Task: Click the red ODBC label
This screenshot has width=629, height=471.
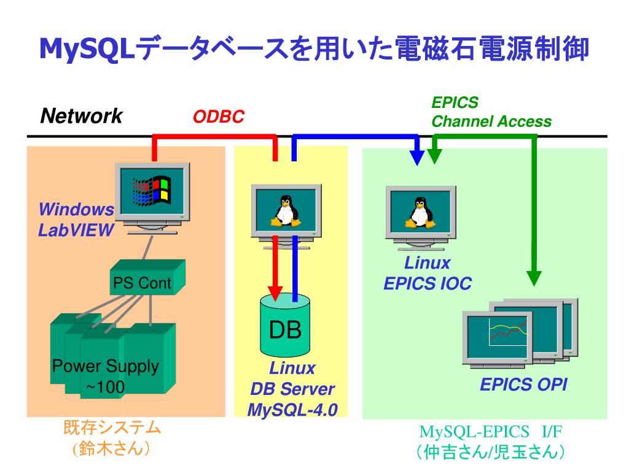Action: pos(219,117)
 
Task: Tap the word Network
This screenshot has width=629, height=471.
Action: pos(82,116)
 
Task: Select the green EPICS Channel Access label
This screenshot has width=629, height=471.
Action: pos(491,112)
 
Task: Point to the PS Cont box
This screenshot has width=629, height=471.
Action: pos(147,278)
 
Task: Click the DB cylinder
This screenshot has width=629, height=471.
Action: pos(285,325)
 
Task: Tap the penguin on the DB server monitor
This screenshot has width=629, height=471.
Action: pos(285,211)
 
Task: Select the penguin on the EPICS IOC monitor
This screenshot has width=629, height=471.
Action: pos(420,213)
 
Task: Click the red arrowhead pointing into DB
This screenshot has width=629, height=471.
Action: pos(275,294)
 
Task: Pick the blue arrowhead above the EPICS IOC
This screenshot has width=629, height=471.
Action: pos(417,158)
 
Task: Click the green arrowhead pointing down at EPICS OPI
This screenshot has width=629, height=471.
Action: pos(534,279)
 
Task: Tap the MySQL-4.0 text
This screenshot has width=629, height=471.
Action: pos(292,410)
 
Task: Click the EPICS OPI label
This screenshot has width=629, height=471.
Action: pos(523,385)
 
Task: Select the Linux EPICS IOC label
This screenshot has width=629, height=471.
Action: pos(428,273)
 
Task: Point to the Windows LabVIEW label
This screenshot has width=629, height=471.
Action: pos(76,220)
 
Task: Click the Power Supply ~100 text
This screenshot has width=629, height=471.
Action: pos(106,376)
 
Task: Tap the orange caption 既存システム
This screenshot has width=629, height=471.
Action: pos(112,427)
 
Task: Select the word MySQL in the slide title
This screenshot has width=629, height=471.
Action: pos(86,49)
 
